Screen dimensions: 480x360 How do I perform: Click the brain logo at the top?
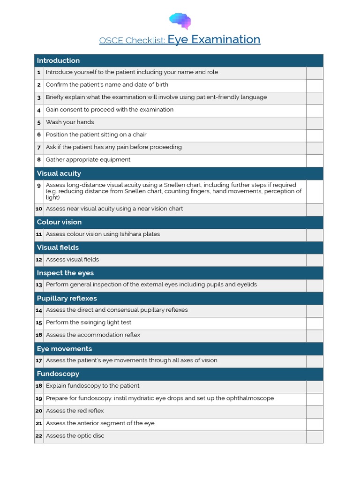coord(180,21)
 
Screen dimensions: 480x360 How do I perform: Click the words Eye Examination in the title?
coord(214,39)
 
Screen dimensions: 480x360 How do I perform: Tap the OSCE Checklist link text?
coord(132,40)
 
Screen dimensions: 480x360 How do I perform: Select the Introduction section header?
coord(58,60)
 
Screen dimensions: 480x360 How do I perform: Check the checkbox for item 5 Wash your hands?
coord(315,123)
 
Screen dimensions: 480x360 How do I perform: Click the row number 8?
coord(39,160)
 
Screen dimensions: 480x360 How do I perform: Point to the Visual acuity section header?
coord(59,173)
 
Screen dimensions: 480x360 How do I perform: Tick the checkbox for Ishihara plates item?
coord(315,235)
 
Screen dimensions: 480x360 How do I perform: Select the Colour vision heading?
coord(59,222)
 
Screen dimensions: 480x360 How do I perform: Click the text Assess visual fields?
coord(72,260)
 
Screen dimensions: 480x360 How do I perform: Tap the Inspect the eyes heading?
coord(65,273)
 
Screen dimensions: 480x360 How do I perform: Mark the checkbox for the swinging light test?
coord(315,323)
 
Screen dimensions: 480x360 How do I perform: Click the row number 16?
coord(39,335)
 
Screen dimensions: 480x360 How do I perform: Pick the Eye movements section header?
coord(64,349)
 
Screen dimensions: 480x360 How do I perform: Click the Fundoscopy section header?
coord(58,374)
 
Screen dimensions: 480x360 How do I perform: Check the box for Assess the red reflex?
coord(315,412)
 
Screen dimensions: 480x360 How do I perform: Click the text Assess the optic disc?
coord(75,436)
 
